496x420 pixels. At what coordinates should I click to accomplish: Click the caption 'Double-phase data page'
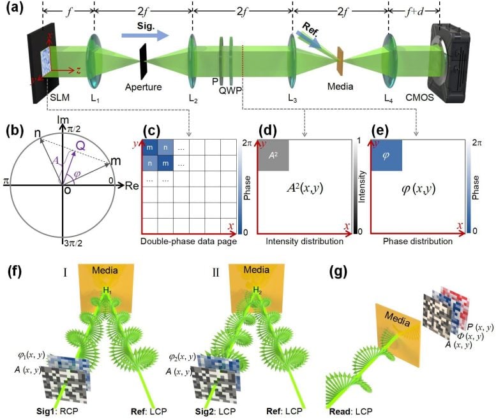(x=186, y=242)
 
